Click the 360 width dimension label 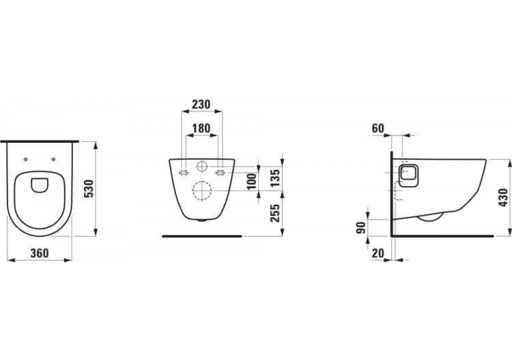pyautogui.click(x=39, y=253)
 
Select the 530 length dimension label pyautogui.click(x=89, y=189)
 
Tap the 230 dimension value pyautogui.click(x=201, y=105)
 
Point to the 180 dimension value pyautogui.click(x=201, y=128)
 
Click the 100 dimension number pyautogui.click(x=252, y=182)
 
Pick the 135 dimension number pyautogui.click(x=275, y=178)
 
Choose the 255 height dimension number pyautogui.click(x=275, y=213)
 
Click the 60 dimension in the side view pyautogui.click(x=378, y=128)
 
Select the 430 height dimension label pyautogui.click(x=503, y=197)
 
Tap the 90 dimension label pyautogui.click(x=361, y=227)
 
